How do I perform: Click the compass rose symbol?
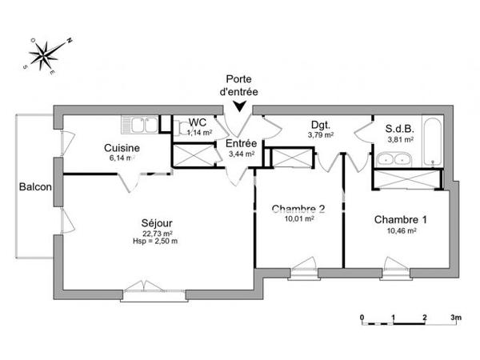point(47,54)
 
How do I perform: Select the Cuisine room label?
point(122,148)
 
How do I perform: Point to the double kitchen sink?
point(140,126)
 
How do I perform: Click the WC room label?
point(197,123)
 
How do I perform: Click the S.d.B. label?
point(399,128)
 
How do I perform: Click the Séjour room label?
point(157,222)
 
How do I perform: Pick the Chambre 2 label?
point(298,210)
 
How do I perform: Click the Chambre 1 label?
point(401,218)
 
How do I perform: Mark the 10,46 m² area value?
point(401,230)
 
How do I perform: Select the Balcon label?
point(36,188)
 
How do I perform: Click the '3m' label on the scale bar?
point(456,317)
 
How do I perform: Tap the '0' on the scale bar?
point(362,317)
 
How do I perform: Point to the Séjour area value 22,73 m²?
point(156,233)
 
